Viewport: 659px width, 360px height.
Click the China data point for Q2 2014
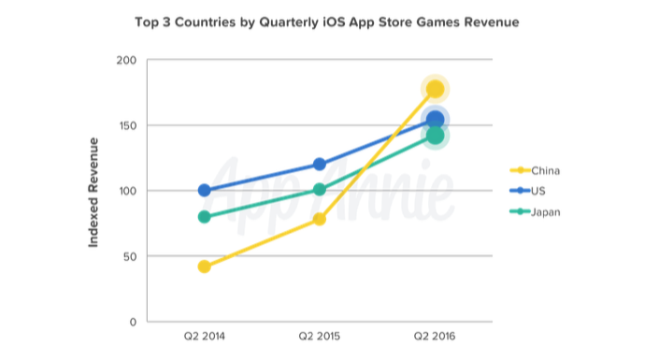coord(205,266)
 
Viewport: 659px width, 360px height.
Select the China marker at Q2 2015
coord(320,219)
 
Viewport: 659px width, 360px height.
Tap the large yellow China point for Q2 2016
coord(435,89)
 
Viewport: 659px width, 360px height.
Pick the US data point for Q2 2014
coord(205,190)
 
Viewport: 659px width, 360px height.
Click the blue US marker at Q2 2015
coord(320,164)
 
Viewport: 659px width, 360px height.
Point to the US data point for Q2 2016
coord(435,121)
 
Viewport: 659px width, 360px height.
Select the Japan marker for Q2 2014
coord(205,217)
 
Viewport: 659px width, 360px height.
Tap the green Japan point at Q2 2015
coord(320,190)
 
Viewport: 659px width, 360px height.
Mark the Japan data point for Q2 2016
coord(435,136)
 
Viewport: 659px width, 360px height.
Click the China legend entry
coord(535,171)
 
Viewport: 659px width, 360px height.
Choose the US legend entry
coord(527,191)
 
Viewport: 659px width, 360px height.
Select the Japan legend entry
coord(535,211)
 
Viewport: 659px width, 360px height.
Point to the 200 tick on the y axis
coord(126,61)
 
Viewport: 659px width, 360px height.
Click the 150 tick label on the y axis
coord(126,125)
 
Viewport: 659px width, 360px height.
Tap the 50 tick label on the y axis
coord(130,256)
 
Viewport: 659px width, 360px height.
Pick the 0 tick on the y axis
coord(134,323)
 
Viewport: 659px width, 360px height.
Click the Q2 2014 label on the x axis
coord(205,337)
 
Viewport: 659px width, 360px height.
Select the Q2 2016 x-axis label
coord(435,337)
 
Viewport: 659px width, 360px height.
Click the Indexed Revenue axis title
coord(93,193)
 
